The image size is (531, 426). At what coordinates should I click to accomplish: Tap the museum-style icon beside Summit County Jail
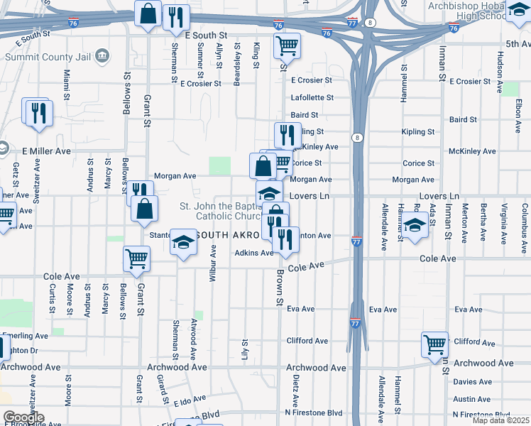tap(102, 55)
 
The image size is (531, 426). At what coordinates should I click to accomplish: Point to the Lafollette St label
tap(312, 98)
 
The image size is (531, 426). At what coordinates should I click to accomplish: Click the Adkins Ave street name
tap(254, 253)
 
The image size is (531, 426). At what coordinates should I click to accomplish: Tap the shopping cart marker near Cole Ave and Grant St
tap(136, 258)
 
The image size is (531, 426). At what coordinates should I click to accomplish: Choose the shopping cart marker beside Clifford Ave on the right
tap(434, 344)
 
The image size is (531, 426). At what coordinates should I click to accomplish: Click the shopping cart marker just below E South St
tap(287, 46)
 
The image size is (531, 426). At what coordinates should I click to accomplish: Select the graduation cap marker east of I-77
tap(415, 226)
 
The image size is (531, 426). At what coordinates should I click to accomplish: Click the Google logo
tap(23, 417)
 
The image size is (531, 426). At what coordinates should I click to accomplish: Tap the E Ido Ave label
tap(188, 403)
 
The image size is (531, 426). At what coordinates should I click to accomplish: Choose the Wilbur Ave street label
tap(212, 264)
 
